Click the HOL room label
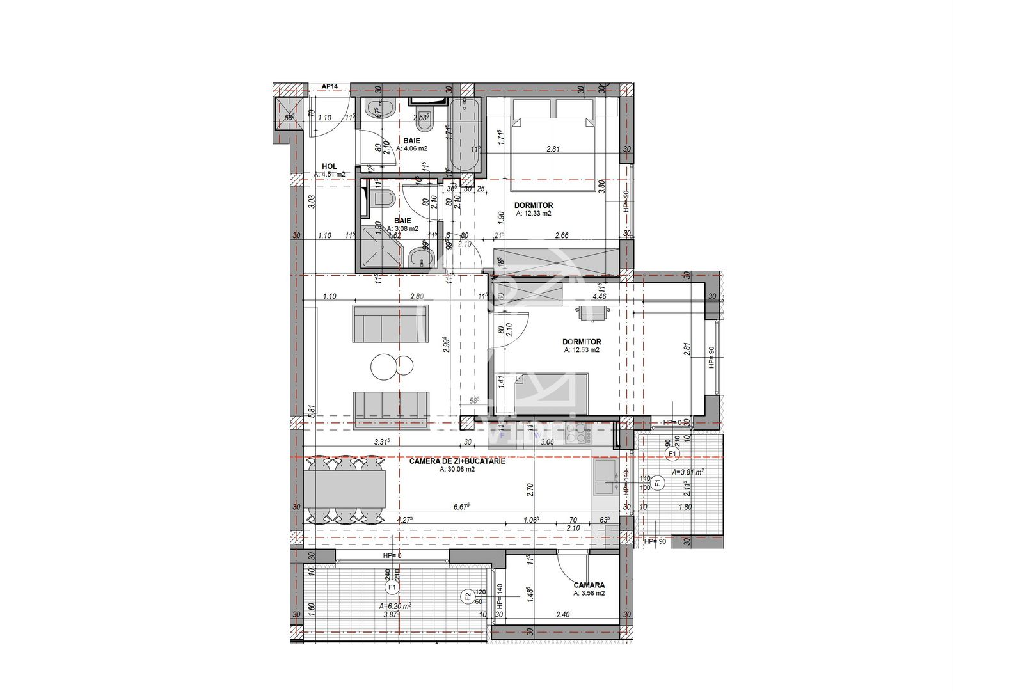(329, 166)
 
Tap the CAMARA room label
(589, 585)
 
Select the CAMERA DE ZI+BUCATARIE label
(457, 461)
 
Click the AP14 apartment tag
(330, 86)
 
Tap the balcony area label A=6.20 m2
(395, 605)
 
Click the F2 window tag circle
(468, 597)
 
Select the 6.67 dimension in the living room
(461, 507)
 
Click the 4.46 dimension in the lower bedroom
(600, 296)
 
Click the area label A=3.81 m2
(688, 472)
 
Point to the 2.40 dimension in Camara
(562, 615)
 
